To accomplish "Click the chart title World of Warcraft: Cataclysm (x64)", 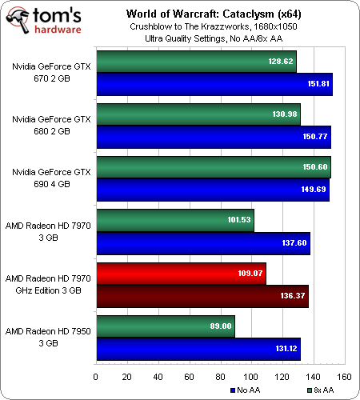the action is coord(214,14).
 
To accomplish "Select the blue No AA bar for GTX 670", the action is coord(214,84).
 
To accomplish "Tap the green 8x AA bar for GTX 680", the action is coord(198,114).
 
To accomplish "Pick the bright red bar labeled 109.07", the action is coord(182,274).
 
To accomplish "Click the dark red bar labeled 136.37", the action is coord(202,296).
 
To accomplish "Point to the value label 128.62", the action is coord(281,62).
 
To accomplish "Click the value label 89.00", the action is coord(221,326).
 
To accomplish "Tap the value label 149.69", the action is coord(314,190).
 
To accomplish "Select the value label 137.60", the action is coord(294,243).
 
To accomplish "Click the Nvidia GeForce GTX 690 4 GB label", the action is coord(52,178).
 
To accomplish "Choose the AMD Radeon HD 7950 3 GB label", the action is coord(48,337).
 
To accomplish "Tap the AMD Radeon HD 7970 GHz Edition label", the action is coord(48,284).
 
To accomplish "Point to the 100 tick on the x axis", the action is coord(250,377).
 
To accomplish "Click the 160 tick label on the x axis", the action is coord(344,377).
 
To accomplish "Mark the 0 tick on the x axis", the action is coord(96,377).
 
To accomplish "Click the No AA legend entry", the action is coord(246,390).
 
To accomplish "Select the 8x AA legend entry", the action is coord(321,390).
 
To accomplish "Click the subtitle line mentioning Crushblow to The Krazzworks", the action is coord(214,26).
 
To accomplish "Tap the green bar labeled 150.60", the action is coord(214,167).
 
